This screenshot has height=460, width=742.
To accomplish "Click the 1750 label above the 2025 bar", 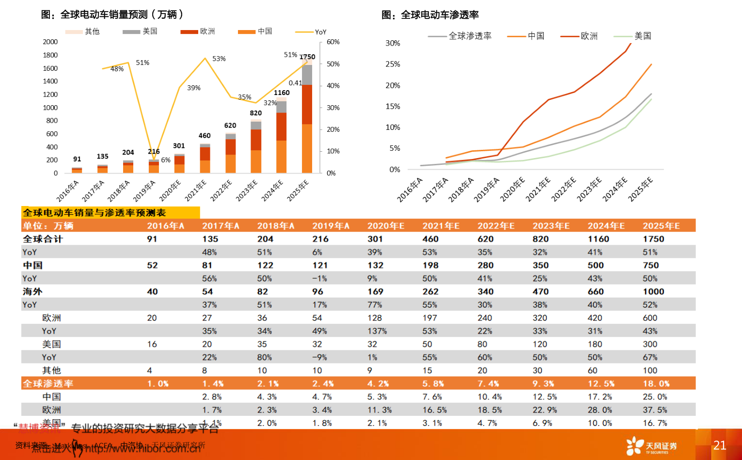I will tap(307, 57).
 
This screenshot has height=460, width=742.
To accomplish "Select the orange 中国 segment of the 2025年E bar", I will tap(307, 148).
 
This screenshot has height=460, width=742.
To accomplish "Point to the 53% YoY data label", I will tap(219, 59).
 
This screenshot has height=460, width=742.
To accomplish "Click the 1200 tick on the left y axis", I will tap(50, 95).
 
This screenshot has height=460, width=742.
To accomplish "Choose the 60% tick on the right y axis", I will tap(333, 42).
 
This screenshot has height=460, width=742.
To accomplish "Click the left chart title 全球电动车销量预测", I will tap(112, 15).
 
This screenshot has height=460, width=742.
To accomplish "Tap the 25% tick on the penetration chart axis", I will tap(393, 64).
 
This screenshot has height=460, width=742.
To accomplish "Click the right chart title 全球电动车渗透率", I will tap(430, 15).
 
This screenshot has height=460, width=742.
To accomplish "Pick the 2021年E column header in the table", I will tap(441, 226).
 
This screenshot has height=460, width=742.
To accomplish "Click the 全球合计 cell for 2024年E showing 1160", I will tap(599, 239).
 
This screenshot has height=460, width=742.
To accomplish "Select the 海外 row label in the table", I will tap(32, 291).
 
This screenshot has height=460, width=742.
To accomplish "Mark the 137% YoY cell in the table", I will tap(377, 331).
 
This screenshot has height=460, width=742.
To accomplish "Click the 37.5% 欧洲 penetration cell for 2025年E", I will tap(655, 410).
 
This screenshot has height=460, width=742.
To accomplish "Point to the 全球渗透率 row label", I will tap(48, 383).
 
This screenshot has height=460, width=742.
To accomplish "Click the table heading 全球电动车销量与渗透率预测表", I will tap(95, 213).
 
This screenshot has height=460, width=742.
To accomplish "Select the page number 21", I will tap(719, 445).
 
